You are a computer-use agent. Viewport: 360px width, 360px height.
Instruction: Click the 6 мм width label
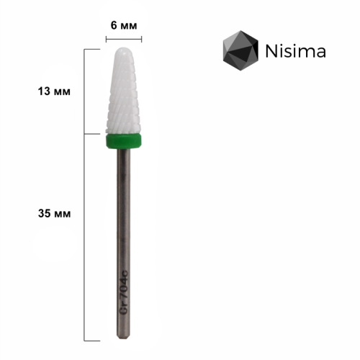[x=124, y=25]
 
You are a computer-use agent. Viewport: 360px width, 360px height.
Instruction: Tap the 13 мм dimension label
[x=54, y=91]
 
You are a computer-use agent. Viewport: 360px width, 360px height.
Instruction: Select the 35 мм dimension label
[x=55, y=213]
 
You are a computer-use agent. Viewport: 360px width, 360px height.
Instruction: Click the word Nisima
[x=296, y=51]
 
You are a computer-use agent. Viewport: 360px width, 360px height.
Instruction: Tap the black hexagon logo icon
[x=240, y=50]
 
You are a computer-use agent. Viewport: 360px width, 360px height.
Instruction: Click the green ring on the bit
[x=123, y=141]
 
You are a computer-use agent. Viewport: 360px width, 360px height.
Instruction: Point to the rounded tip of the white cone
[x=123, y=48]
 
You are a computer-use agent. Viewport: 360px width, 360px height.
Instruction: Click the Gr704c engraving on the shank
[x=124, y=292]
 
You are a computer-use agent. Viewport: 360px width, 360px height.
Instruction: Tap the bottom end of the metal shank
[x=123, y=338]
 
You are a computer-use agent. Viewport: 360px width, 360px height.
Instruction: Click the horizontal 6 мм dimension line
[x=124, y=39]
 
